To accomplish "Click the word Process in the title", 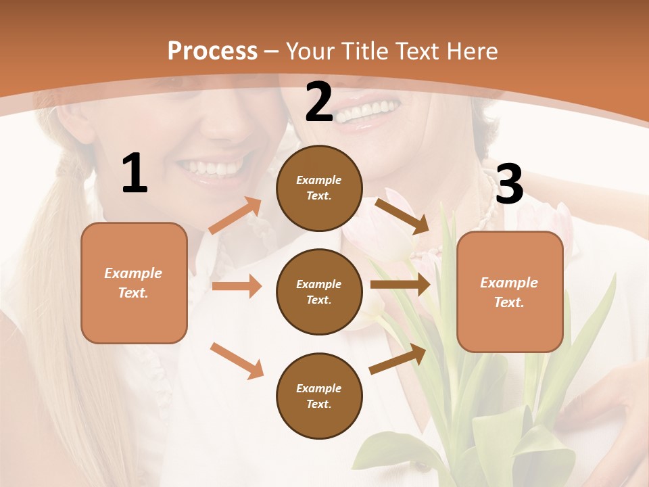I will (x=212, y=51).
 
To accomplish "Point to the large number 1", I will (x=135, y=174).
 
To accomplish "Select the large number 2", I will (x=319, y=103).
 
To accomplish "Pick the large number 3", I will (x=509, y=184).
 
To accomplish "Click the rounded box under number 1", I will (x=134, y=283).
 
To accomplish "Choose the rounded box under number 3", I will (x=510, y=292).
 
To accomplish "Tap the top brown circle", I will (x=319, y=188).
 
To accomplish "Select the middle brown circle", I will (x=319, y=292).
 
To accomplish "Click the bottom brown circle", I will (x=319, y=396).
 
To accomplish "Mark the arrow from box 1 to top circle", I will (x=235, y=216).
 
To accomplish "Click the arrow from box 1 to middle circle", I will (x=237, y=286).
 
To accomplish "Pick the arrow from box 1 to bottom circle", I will (x=237, y=361).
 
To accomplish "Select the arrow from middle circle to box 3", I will (x=400, y=285).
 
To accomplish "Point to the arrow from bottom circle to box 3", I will (x=398, y=359).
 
